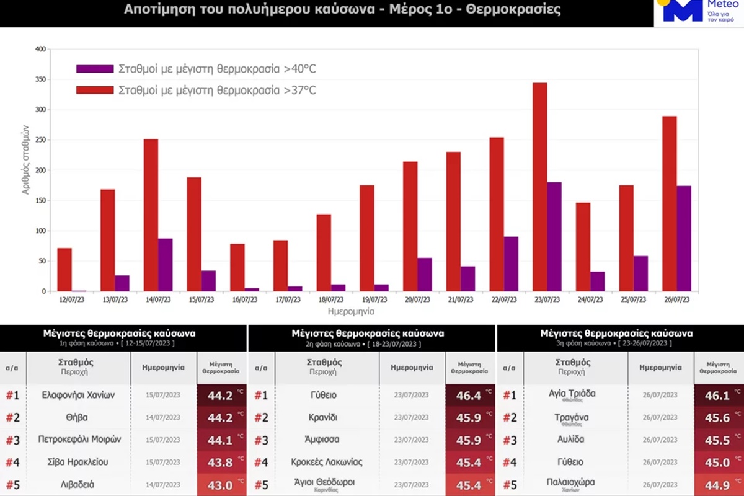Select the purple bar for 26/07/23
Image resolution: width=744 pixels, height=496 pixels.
(x=683, y=238)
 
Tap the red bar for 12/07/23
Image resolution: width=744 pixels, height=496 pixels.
(x=64, y=270)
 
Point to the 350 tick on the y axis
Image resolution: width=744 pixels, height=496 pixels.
(x=39, y=79)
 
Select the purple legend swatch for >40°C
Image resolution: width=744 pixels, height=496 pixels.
(x=94, y=69)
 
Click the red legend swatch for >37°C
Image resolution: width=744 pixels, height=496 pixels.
(x=94, y=90)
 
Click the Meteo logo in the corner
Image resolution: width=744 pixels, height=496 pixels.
(x=698, y=12)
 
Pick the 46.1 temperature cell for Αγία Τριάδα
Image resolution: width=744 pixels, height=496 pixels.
(x=718, y=395)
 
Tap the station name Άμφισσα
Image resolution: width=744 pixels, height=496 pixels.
(x=327, y=440)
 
